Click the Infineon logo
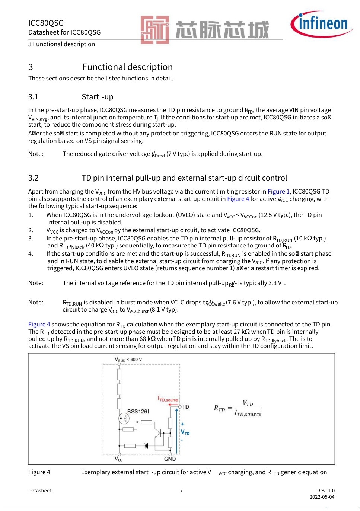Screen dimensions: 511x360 coord(321,24)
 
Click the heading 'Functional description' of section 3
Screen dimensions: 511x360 coord(127,67)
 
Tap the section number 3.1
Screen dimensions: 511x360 coord(34,97)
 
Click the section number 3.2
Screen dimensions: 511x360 coord(34,178)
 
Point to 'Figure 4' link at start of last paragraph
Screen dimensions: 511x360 coord(39,324)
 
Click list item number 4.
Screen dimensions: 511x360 coord(31,253)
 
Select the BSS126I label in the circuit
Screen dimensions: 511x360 coord(138,411)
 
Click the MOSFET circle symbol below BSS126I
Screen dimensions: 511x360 coord(124,419)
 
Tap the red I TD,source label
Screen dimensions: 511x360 coord(168,399)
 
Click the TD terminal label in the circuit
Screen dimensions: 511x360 coord(185,407)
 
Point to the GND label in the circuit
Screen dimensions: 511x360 coord(170,459)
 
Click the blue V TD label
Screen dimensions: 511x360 coord(185,432)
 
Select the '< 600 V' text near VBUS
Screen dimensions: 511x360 coord(134,360)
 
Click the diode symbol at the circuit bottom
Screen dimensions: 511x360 coord(146,445)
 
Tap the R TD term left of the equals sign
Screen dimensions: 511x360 coord(219,408)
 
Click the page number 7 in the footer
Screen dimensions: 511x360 coord(181,491)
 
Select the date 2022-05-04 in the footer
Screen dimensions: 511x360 coord(322,497)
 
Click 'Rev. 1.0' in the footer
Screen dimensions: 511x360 coord(326,491)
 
